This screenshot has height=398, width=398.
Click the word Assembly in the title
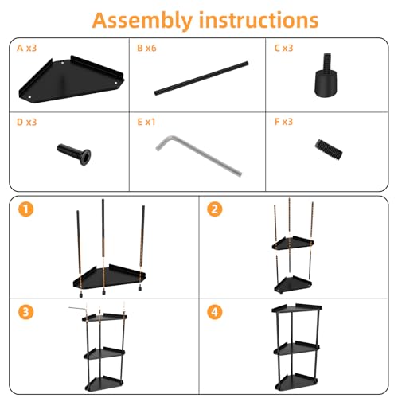click(142, 21)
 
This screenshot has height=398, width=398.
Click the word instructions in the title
click(259, 20)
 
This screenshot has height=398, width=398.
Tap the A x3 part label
click(27, 48)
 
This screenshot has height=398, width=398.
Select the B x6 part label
click(146, 48)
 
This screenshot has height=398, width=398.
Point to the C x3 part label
click(283, 48)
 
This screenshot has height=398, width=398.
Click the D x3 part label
click(27, 122)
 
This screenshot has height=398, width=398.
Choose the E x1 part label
click(146, 122)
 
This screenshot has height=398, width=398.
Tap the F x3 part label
click(283, 122)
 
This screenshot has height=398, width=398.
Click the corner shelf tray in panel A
click(71, 80)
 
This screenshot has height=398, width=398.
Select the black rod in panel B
click(201, 78)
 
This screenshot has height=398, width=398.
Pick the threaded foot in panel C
click(326, 76)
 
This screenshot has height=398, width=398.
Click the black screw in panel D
click(74, 154)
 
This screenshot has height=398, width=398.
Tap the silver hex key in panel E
click(197, 155)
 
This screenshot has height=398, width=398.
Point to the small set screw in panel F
click(329, 150)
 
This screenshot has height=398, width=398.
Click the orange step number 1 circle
click(26, 209)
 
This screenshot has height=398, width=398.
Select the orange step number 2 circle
click(215, 209)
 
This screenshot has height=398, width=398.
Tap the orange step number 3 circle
click(26, 312)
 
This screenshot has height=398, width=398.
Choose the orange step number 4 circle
click(215, 312)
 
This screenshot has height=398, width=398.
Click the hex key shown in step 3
click(78, 308)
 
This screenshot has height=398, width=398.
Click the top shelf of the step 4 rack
click(297, 309)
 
